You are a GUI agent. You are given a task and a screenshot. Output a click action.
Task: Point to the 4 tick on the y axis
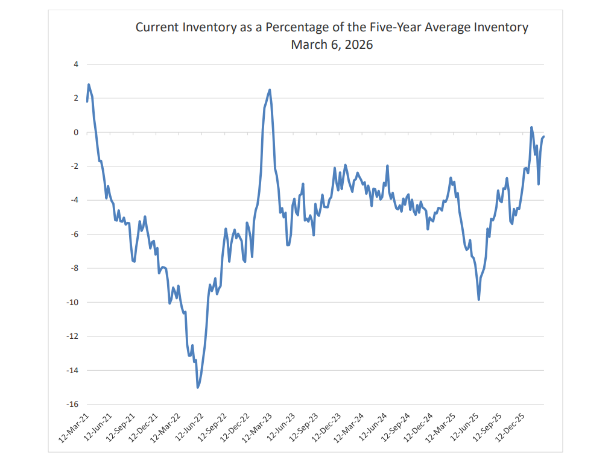pos(77,64)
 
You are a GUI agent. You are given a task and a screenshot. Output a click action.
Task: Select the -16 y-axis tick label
pos(73,404)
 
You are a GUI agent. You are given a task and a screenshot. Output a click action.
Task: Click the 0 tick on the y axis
pos(77,132)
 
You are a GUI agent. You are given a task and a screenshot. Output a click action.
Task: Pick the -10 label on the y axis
pos(73,302)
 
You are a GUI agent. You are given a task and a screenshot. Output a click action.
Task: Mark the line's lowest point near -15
pos(198,387)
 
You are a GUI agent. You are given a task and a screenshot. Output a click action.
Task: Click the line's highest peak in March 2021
pos(89,84)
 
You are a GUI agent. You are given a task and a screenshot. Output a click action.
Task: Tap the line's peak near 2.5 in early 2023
pos(270,90)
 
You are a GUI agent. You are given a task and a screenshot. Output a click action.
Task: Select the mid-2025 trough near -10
pos(479,300)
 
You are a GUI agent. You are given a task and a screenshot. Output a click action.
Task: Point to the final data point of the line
pos(544,136)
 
